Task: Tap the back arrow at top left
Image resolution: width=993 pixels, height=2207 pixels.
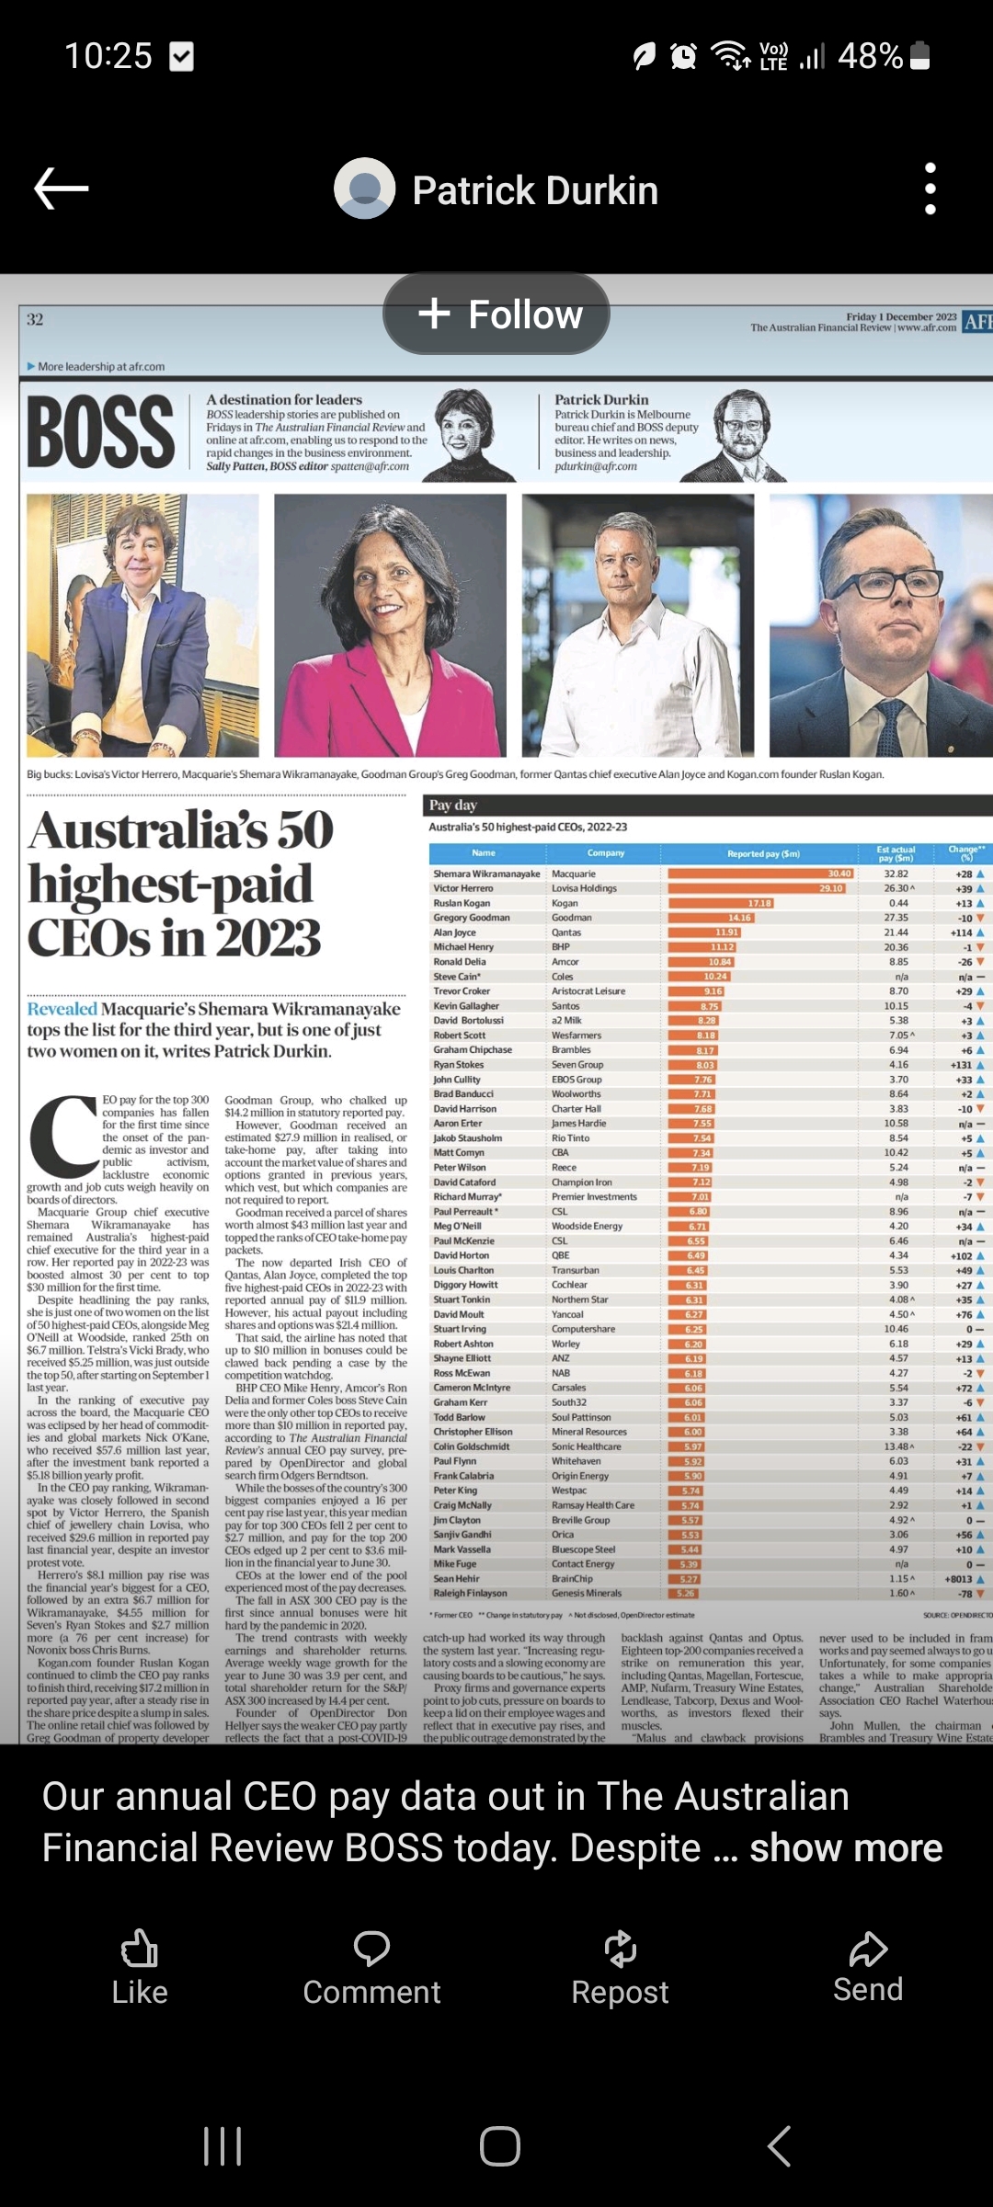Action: pyautogui.click(x=62, y=189)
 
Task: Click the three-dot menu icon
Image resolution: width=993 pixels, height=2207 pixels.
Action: pyautogui.click(x=930, y=189)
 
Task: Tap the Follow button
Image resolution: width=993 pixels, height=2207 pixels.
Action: pyautogui.click(x=496, y=314)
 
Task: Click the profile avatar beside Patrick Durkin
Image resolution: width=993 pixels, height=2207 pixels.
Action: pyautogui.click(x=365, y=189)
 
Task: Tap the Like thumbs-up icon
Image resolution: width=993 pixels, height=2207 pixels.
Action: pyautogui.click(x=140, y=1948)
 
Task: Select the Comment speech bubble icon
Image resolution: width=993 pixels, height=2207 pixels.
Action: pyautogui.click(x=371, y=1948)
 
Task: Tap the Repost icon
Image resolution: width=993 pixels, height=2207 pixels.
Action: pyautogui.click(x=620, y=1948)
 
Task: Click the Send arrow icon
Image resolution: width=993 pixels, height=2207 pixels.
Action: pyautogui.click(x=867, y=1948)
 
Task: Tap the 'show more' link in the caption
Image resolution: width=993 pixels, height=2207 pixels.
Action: pyautogui.click(x=846, y=1847)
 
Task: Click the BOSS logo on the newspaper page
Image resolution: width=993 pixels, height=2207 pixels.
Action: pyautogui.click(x=101, y=432)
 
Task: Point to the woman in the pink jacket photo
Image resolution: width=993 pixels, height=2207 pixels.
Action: pyautogui.click(x=390, y=625)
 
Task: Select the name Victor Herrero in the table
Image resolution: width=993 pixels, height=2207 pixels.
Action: pyautogui.click(x=463, y=888)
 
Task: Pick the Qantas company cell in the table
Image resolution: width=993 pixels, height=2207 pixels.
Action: pyautogui.click(x=566, y=932)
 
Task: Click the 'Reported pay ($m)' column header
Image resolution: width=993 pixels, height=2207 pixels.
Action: pyautogui.click(x=763, y=853)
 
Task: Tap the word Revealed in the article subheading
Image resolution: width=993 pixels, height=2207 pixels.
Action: pyautogui.click(x=62, y=1009)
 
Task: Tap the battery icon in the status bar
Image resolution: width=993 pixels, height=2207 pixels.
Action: pyautogui.click(x=920, y=56)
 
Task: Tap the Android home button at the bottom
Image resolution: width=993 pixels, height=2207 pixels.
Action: pyautogui.click(x=499, y=2146)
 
